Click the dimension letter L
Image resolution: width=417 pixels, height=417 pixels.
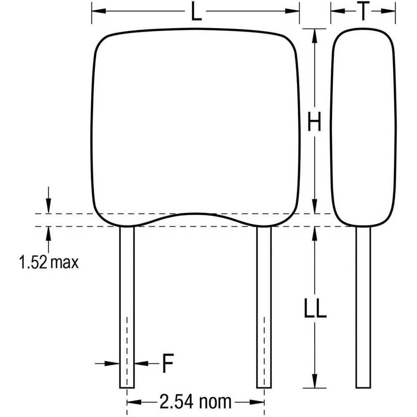(196, 13)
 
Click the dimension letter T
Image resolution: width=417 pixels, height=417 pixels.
(363, 13)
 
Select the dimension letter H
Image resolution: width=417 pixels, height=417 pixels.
(314, 123)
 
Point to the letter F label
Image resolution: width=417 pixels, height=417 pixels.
(167, 364)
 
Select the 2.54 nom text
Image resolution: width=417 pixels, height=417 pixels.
(195, 402)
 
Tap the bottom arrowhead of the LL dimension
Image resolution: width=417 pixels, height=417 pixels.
(314, 384)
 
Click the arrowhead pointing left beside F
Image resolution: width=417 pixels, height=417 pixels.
(139, 364)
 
